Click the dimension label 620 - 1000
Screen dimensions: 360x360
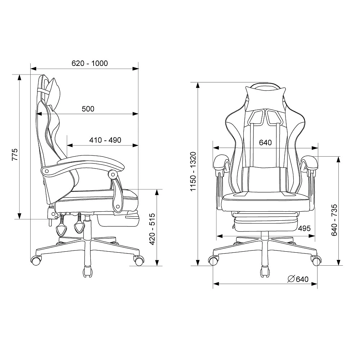pyautogui.click(x=90, y=63)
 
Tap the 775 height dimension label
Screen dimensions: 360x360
pyautogui.click(x=15, y=154)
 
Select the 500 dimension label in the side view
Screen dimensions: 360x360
pyautogui.click(x=88, y=109)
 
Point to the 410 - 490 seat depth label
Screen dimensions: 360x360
pyautogui.click(x=105, y=140)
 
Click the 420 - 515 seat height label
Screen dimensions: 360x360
pyautogui.click(x=152, y=229)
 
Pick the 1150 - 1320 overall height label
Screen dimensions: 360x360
pyautogui.click(x=193, y=171)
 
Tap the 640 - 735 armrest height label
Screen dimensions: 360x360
pyautogui.click(x=334, y=220)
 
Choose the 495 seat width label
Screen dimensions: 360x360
pyautogui.click(x=304, y=228)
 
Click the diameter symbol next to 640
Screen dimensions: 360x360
pyautogui.click(x=291, y=279)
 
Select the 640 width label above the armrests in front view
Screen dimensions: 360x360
pyautogui.click(x=265, y=142)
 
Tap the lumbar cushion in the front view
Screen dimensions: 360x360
pyautogui.click(x=265, y=180)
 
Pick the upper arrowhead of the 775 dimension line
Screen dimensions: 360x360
pyautogui.click(x=19, y=77)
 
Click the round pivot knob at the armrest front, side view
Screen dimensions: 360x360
pyautogui.click(x=113, y=175)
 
